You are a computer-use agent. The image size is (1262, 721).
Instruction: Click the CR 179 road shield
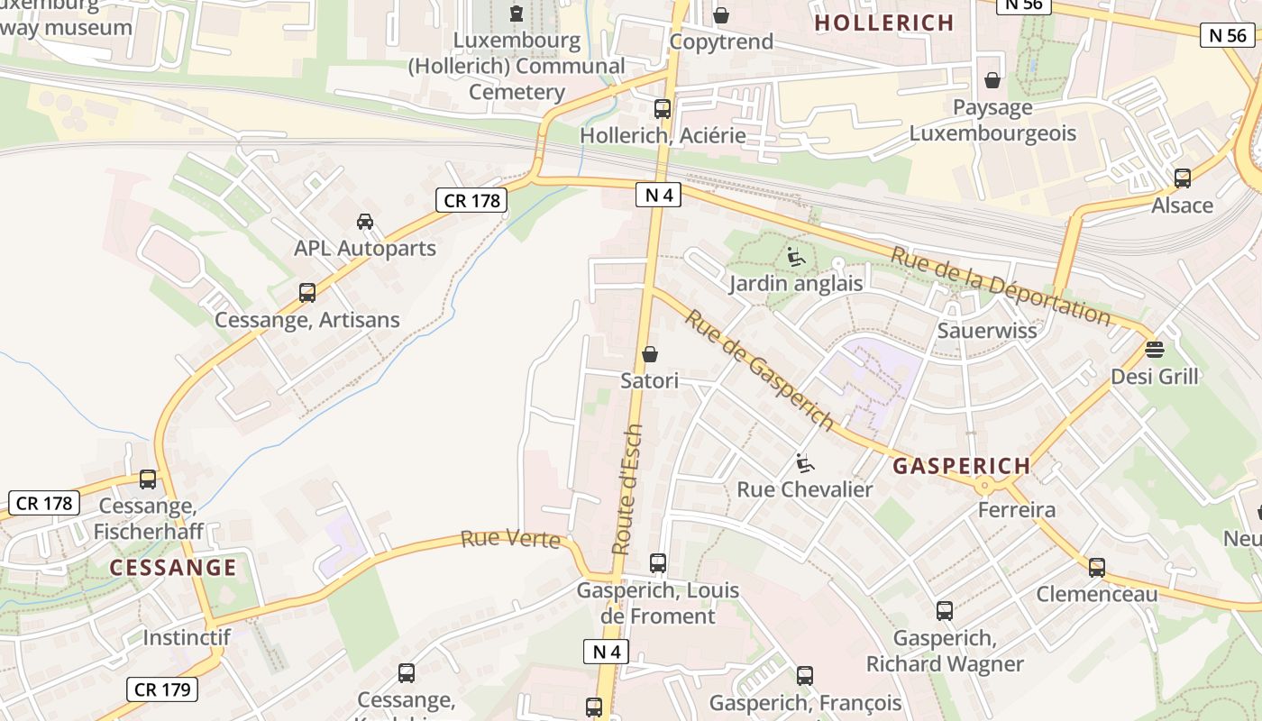pos(162,689)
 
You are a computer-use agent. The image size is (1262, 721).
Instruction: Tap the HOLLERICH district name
pos(884,23)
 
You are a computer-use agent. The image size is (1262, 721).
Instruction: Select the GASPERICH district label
pos(962,466)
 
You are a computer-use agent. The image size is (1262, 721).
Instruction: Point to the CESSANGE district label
pos(173,568)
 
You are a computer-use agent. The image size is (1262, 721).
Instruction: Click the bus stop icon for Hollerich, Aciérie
pos(663,109)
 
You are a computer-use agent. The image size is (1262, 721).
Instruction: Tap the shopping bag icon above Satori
pos(650,354)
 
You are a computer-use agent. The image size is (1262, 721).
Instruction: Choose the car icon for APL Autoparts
pos(365,222)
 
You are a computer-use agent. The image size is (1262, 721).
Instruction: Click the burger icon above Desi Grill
pos(1155,349)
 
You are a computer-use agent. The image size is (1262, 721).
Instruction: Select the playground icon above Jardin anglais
pos(796,258)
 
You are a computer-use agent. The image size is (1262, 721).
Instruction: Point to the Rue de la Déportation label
pos(1001,285)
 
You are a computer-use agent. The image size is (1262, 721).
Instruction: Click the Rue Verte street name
pos(510,540)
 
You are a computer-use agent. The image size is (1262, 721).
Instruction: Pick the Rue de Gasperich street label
pos(758,370)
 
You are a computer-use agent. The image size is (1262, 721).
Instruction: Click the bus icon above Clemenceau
pos(1097,568)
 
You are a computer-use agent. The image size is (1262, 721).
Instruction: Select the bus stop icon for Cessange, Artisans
pos(307,293)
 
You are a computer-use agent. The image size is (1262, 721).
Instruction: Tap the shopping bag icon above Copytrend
pos(721,15)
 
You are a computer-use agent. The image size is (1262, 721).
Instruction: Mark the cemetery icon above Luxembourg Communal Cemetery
pos(517,14)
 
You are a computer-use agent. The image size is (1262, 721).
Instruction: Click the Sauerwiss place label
pos(987,330)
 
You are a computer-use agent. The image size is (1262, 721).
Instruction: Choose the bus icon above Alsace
pos(1183,178)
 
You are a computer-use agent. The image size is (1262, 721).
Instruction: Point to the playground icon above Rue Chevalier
pos(805,463)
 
